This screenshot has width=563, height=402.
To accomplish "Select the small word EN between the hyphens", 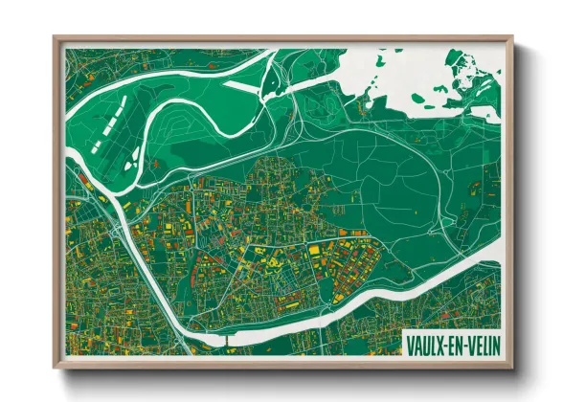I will pyautogui.click(x=455, y=343).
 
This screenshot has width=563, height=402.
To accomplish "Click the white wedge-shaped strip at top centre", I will pyautogui.click(x=239, y=85).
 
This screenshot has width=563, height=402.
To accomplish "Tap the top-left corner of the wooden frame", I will pyautogui.click(x=56, y=38).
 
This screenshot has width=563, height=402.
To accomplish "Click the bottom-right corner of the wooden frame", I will pyautogui.click(x=512, y=367).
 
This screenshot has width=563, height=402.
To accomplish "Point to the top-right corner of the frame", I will pyautogui.click(x=512, y=38).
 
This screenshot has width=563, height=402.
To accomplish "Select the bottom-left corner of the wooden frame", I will pyautogui.click(x=56, y=367).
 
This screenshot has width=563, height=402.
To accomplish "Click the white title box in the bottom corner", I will pyautogui.click(x=453, y=343).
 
